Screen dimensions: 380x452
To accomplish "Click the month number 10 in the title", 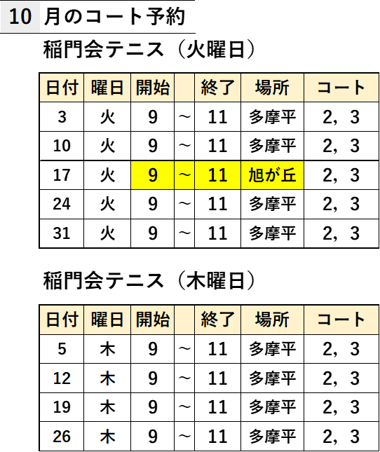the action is point(20,16).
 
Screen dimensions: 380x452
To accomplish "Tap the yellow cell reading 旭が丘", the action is point(272,175).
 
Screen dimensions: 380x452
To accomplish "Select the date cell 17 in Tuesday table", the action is point(62,175).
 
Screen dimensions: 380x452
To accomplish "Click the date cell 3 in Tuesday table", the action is point(62,117).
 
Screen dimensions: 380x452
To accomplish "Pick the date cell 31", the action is point(62,233).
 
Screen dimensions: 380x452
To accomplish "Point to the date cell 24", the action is point(62,204).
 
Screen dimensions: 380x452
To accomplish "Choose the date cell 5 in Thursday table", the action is point(62,349).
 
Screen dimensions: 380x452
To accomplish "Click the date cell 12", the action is point(62,378).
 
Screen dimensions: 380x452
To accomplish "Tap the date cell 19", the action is point(62,407).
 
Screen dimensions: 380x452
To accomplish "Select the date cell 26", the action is point(62,436).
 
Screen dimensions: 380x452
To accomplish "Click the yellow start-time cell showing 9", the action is point(153,175).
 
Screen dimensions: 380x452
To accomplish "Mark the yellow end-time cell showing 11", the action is point(217,175).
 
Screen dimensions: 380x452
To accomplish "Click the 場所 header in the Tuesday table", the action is point(272,88).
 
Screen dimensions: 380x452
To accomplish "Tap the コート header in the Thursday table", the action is point(341,320).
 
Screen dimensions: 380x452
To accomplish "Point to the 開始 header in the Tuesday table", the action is point(153,88).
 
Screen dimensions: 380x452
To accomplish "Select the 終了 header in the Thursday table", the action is point(217,320).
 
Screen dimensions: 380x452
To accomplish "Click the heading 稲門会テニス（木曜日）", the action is point(149,280).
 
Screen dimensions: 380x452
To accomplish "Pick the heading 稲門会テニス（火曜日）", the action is point(149,49).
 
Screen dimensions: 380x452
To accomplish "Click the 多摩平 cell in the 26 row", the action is point(272,436).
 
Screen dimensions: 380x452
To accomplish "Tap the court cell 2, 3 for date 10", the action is point(341,146).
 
